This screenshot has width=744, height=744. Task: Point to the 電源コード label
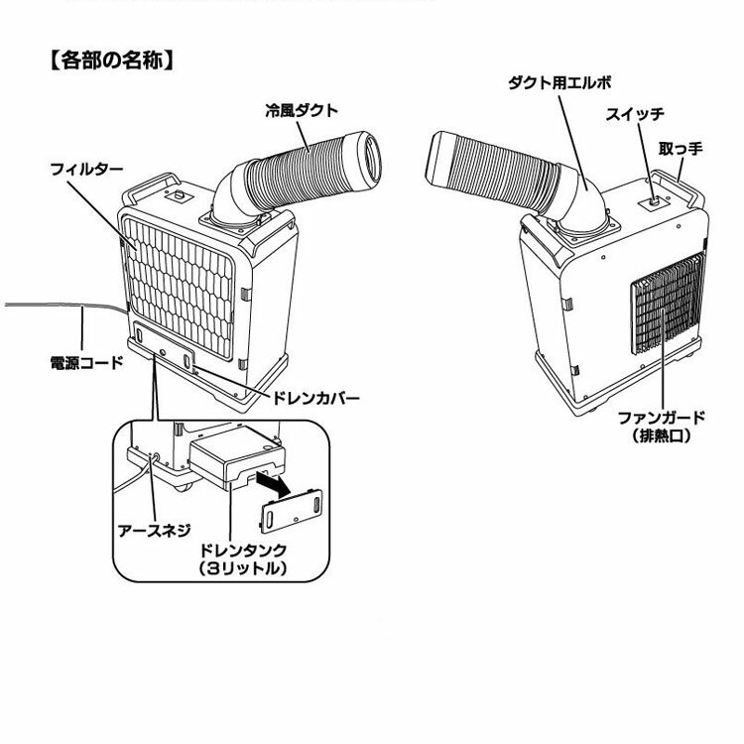86,362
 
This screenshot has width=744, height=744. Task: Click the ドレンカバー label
315,399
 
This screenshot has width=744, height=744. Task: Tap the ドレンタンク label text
243,549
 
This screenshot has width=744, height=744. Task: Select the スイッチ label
634,114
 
